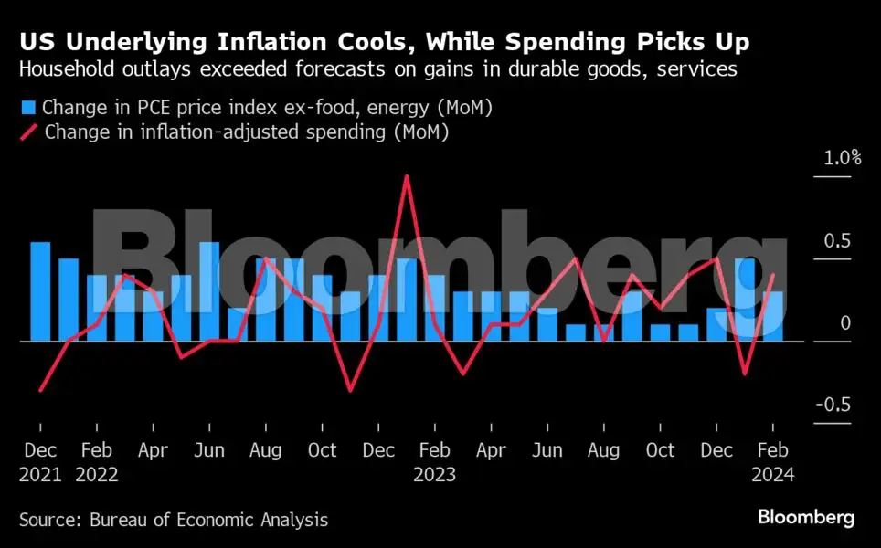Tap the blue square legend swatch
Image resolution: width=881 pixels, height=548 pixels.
(x=28, y=109)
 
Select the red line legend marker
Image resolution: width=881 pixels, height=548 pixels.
(x=28, y=132)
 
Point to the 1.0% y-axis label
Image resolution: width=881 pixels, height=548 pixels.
(x=842, y=157)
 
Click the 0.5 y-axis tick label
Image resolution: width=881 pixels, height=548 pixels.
(x=837, y=240)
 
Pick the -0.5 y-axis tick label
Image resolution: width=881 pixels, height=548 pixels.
(x=833, y=406)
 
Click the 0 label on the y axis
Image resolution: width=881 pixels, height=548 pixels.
(x=845, y=323)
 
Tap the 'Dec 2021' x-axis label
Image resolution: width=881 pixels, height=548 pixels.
(x=40, y=462)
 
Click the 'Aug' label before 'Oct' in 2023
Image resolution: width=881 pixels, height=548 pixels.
(x=604, y=451)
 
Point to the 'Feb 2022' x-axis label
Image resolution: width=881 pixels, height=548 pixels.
(x=97, y=462)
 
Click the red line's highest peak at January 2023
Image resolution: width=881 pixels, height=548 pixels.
(x=407, y=175)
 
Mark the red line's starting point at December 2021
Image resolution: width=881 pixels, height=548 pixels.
(x=40, y=391)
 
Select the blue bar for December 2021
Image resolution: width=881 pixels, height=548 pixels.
(x=40, y=291)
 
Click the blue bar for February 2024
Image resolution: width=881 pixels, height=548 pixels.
(x=774, y=316)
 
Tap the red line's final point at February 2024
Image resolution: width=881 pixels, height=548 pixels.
(x=774, y=275)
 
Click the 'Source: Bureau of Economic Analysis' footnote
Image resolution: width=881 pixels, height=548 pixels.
(x=174, y=520)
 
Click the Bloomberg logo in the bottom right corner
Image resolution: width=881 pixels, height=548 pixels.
(x=805, y=518)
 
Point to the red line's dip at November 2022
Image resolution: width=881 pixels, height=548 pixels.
(x=350, y=391)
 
